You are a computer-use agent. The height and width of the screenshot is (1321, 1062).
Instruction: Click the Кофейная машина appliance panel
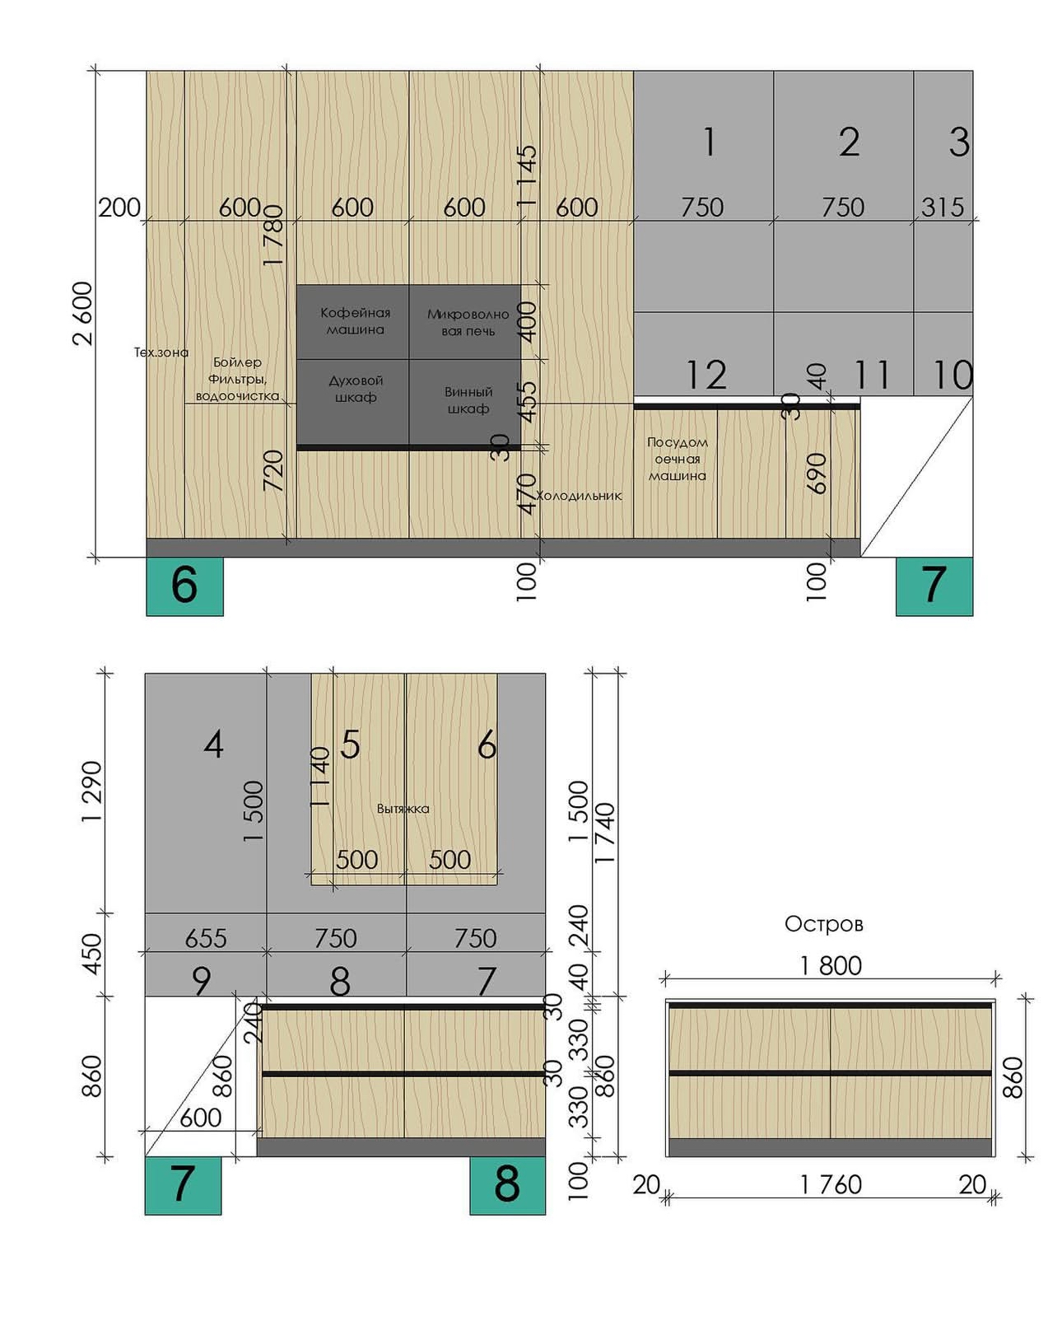tap(353, 322)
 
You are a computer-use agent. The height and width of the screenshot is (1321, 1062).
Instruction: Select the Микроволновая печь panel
tap(465, 322)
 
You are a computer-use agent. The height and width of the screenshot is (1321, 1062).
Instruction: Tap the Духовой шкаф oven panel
tap(353, 402)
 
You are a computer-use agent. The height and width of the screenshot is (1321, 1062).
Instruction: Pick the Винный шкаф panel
tap(465, 402)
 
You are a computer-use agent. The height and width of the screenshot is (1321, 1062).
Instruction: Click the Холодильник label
tap(580, 496)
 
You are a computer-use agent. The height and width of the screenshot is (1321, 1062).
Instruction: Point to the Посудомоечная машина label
tap(678, 459)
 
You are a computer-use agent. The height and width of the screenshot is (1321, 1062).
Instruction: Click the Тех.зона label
tap(161, 352)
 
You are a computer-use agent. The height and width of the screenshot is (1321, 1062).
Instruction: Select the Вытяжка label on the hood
tap(403, 809)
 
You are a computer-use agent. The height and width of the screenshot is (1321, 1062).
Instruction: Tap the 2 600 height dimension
tap(83, 313)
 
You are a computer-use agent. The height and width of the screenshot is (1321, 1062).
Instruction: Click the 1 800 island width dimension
tap(831, 966)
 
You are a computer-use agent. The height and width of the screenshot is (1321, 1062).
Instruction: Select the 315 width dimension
tap(943, 207)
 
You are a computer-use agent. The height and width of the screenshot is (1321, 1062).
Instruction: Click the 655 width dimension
tap(206, 939)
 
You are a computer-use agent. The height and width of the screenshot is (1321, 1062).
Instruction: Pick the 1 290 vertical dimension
tap(92, 791)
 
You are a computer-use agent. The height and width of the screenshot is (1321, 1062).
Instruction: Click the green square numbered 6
tap(184, 586)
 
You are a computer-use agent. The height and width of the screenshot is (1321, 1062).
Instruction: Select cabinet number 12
tap(706, 375)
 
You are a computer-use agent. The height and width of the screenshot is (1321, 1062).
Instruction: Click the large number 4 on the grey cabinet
tap(213, 745)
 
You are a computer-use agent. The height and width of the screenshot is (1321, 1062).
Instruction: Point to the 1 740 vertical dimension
tap(604, 833)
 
